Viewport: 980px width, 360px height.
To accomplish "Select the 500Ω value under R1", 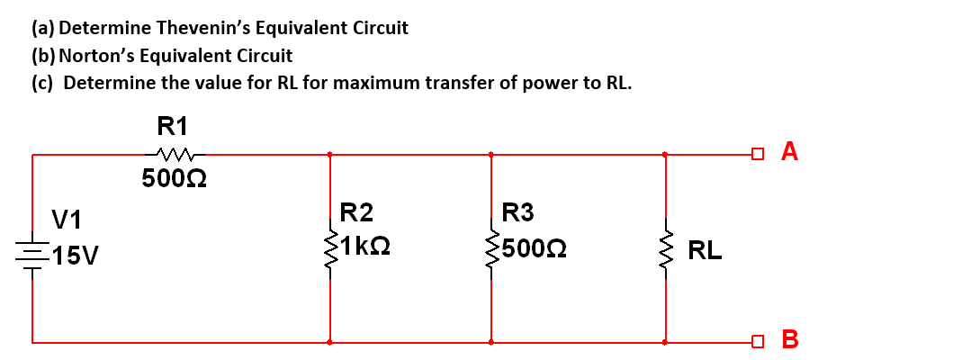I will click(x=175, y=179).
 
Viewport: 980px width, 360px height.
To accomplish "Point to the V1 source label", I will click(x=67, y=219).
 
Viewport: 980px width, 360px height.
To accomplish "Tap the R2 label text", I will click(x=356, y=213).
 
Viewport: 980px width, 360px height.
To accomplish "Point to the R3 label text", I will click(x=517, y=213).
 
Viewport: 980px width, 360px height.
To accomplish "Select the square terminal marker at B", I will click(x=759, y=342).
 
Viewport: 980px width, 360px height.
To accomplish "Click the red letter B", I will click(x=790, y=339).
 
